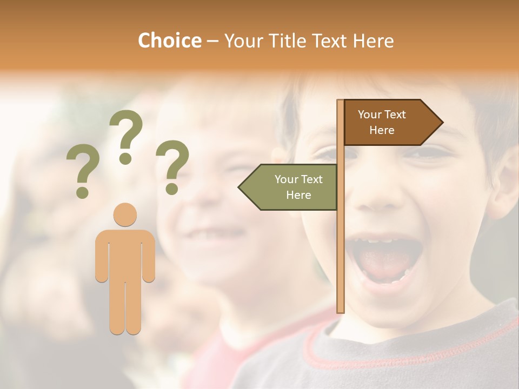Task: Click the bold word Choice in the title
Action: (x=169, y=41)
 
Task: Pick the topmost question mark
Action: (x=126, y=136)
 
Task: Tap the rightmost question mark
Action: (x=172, y=166)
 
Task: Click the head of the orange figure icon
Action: (x=125, y=214)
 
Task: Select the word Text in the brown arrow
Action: (x=396, y=115)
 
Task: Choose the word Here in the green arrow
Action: (x=298, y=195)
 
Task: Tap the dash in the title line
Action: (x=212, y=41)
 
